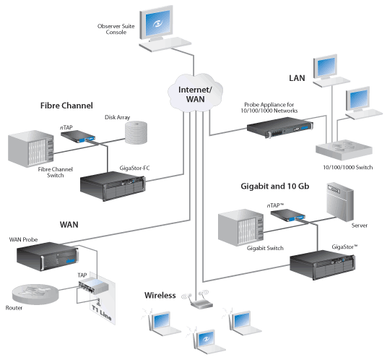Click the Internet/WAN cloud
pos(195,93)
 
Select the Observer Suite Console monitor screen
pos(158,23)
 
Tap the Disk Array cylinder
pos(136,132)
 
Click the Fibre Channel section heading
pos(66,106)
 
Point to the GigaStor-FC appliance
pos(113,186)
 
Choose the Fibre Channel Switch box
pos(31,149)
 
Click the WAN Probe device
pos(48,256)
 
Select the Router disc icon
pos(35,293)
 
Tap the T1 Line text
pos(102,312)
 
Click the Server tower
pos(340,202)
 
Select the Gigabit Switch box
pos(240,227)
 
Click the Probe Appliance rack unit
pos(280,127)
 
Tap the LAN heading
pos(297,78)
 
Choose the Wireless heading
pos(160,295)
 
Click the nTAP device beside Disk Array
pos(78,137)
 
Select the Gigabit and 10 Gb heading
pos(274,186)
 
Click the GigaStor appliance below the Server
pos(322,265)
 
